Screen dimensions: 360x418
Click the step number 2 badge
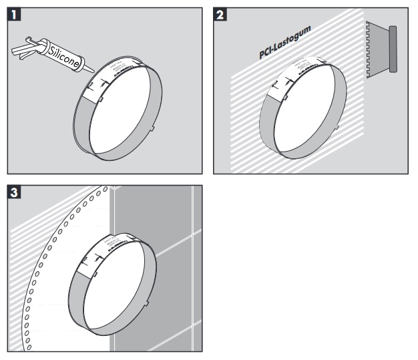click(x=220, y=13)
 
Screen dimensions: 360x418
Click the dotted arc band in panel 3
click(x=35, y=281)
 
